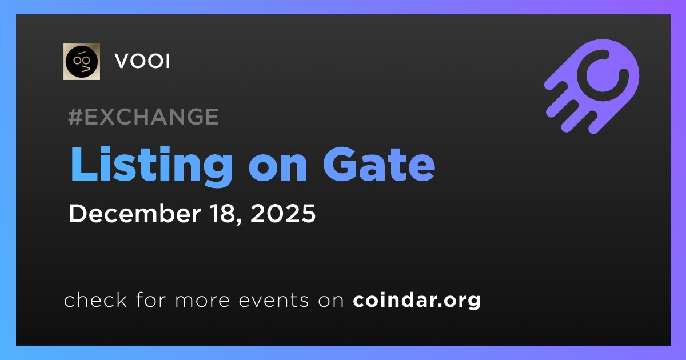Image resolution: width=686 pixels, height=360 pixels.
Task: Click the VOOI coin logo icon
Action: tap(81, 62)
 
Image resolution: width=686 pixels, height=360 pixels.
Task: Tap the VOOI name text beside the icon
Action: tap(142, 61)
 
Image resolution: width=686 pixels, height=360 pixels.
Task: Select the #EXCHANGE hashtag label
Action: tap(143, 117)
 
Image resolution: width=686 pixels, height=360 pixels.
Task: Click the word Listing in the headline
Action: tap(151, 165)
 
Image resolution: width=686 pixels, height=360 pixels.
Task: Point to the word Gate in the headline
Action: tap(379, 165)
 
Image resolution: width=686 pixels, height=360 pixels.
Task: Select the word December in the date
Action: tap(135, 213)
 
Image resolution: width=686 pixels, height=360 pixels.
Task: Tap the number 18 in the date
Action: tap(225, 213)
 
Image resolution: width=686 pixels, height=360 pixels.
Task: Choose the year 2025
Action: tap(282, 213)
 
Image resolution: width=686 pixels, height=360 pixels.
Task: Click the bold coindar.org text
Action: tap(417, 300)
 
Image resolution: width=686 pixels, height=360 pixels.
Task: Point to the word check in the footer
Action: tap(95, 299)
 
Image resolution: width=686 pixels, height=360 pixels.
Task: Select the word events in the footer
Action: tap(273, 300)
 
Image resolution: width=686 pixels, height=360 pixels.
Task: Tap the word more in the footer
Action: tap(202, 301)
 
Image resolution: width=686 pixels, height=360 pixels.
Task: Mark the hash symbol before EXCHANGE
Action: tap(75, 117)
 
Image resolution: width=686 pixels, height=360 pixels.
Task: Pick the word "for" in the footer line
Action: tap(151, 299)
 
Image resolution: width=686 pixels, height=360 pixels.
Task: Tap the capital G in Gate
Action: tap(341, 165)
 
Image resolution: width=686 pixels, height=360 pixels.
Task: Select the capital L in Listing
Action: tap(84, 165)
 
